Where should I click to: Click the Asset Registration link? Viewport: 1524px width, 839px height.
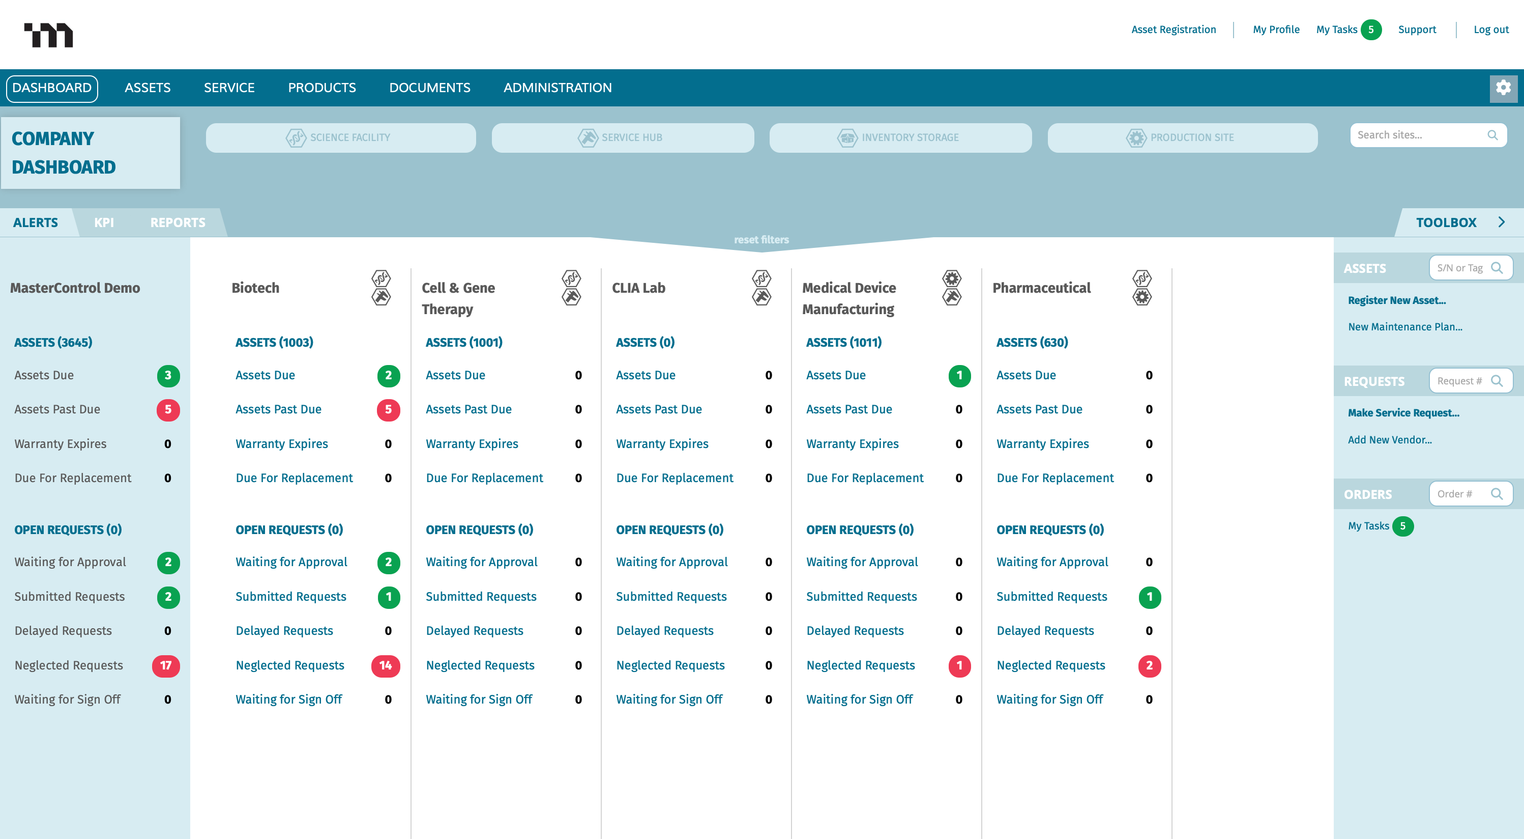pyautogui.click(x=1173, y=30)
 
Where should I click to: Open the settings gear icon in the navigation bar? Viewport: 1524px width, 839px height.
pyautogui.click(x=1503, y=88)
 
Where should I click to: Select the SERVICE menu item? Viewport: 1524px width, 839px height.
pyautogui.click(x=229, y=88)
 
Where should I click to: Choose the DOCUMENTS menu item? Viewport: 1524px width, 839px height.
pyautogui.click(x=429, y=88)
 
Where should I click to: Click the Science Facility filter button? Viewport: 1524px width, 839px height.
pyautogui.click(x=340, y=138)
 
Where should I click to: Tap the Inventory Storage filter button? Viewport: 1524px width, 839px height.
pyautogui.click(x=900, y=138)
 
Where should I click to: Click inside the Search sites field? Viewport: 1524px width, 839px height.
pyautogui.click(x=1420, y=135)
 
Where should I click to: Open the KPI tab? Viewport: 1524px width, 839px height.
pyautogui.click(x=104, y=222)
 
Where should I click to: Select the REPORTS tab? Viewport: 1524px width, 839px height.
pyautogui.click(x=178, y=222)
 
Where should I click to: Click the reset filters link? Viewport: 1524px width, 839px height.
pyautogui.click(x=761, y=240)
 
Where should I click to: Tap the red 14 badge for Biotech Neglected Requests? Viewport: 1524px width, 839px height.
pyautogui.click(x=385, y=665)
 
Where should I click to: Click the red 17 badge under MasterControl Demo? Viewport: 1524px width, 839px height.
pyautogui.click(x=166, y=665)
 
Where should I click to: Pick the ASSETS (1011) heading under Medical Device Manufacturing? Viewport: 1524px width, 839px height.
pyautogui.click(x=843, y=342)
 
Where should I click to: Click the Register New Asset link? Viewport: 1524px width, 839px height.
pyautogui.click(x=1396, y=300)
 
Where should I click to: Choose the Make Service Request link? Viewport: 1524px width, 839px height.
pyautogui.click(x=1403, y=413)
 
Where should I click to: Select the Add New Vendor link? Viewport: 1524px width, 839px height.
pyautogui.click(x=1389, y=440)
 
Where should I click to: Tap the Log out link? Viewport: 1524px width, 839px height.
pyautogui.click(x=1490, y=30)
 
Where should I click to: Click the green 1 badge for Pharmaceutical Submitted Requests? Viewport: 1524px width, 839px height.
pyautogui.click(x=1149, y=597)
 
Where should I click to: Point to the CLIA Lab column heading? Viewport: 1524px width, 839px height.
pyautogui.click(x=638, y=288)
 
